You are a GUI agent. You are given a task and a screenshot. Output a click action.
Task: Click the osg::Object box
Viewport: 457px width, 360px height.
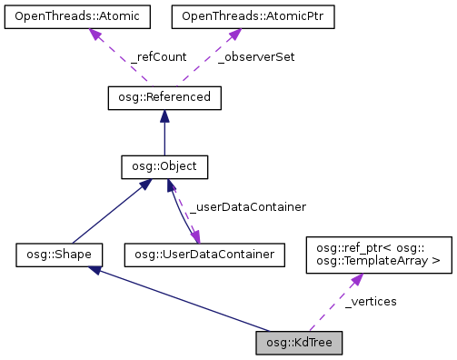164,167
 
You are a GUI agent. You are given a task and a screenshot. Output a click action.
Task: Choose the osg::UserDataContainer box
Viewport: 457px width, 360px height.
198,254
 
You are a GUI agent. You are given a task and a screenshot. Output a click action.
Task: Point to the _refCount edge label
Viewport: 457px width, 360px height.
158,56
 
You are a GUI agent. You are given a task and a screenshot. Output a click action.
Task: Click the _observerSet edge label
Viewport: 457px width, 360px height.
257,56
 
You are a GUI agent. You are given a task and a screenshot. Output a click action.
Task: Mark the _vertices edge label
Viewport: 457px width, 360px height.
371,301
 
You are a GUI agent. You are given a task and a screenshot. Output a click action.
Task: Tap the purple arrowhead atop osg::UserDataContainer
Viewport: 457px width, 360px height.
194,235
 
